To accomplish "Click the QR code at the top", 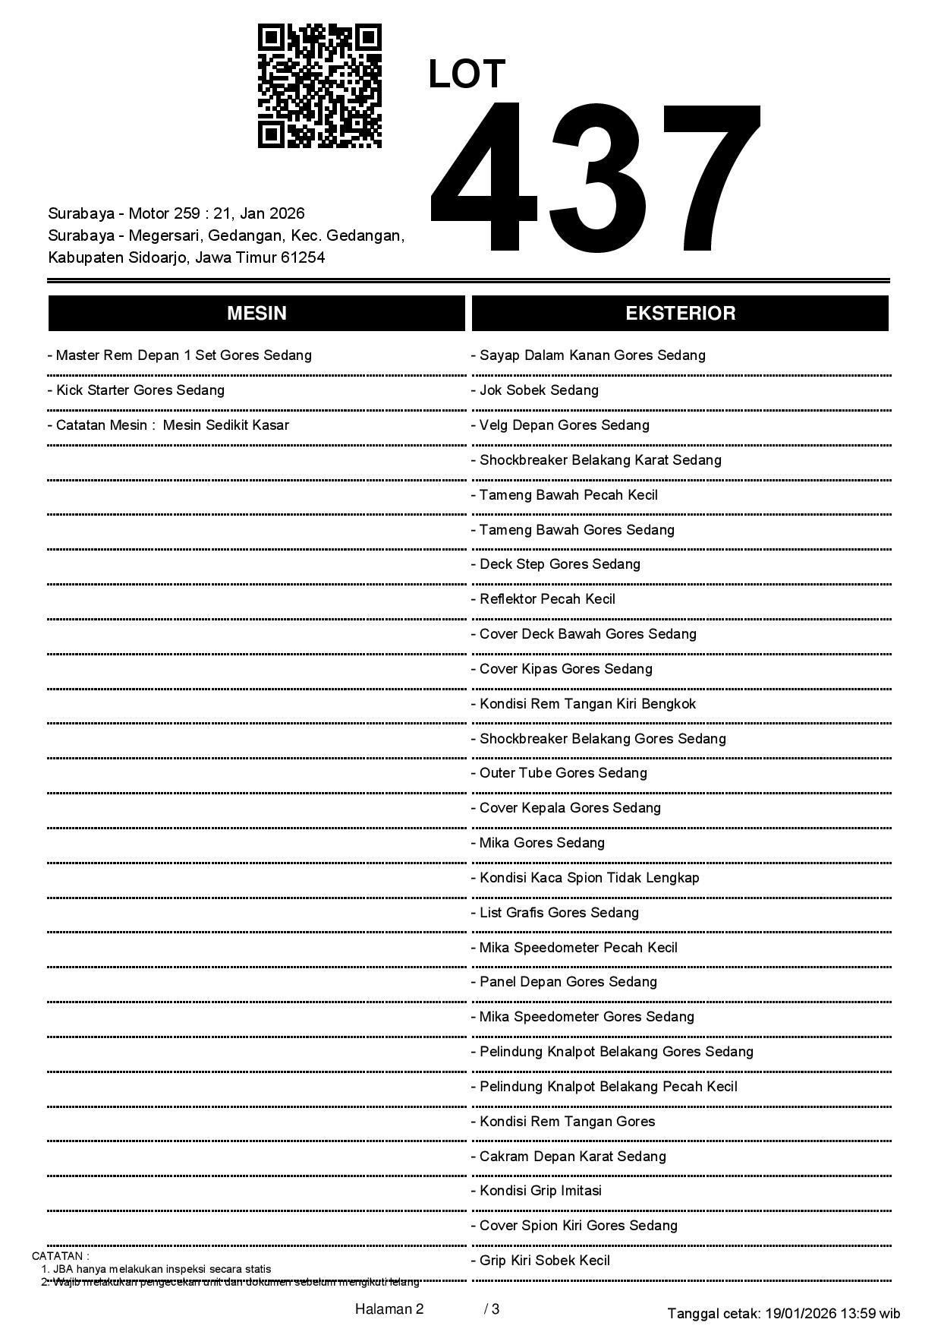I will [x=319, y=86].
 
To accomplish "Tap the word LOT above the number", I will [x=467, y=74].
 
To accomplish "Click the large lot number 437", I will [x=595, y=177].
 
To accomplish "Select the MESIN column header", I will [x=256, y=314].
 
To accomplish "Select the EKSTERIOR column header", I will [x=680, y=314].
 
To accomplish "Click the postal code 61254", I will [x=303, y=257].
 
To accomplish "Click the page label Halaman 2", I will [x=389, y=1309].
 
